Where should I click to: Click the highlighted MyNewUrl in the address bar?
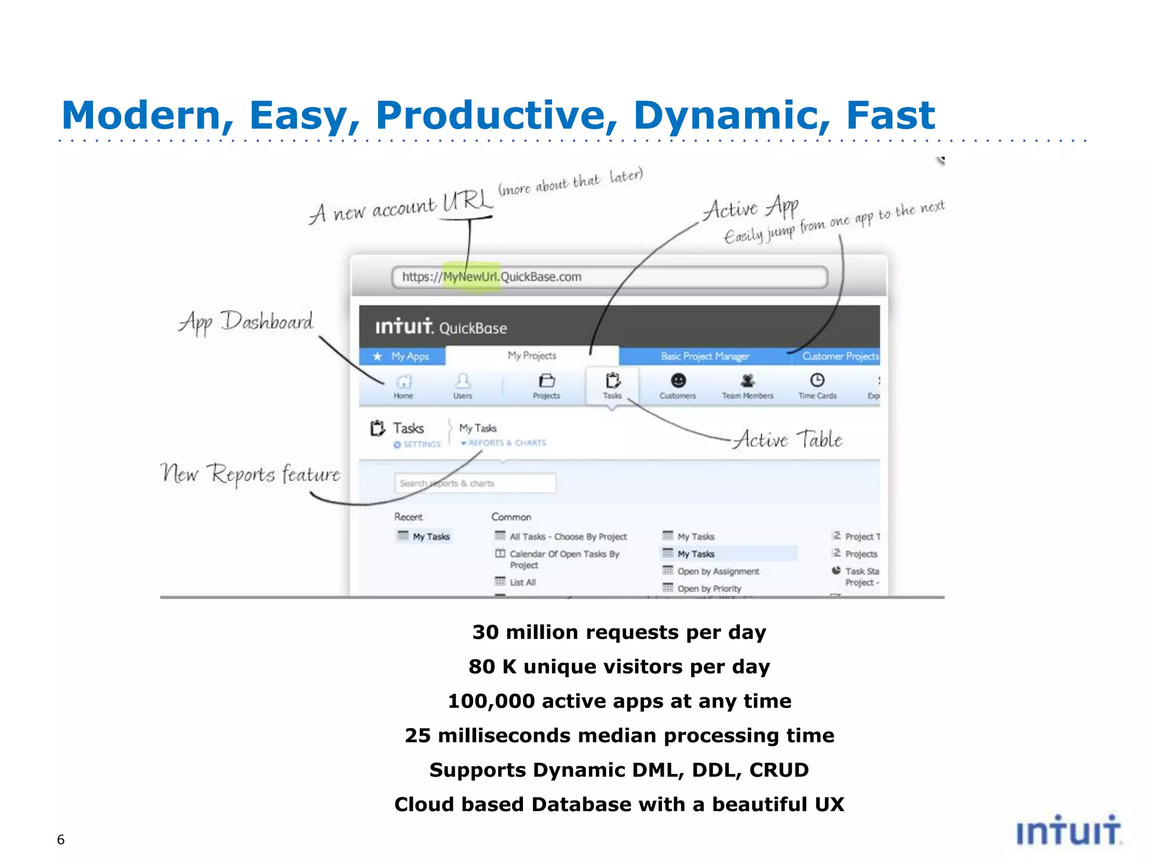[471, 276]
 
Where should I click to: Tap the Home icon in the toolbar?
[403, 382]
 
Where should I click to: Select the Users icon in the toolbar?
[463, 381]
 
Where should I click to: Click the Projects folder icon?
[546, 381]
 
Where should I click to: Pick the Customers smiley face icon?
[678, 381]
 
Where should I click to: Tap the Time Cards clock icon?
[817, 381]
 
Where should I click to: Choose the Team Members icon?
[747, 381]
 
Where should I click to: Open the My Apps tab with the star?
[402, 357]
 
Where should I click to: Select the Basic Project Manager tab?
[705, 357]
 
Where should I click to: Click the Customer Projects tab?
[840, 357]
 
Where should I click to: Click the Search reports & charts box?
[475, 483]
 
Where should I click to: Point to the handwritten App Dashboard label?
[246, 323]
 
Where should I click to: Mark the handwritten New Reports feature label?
[250, 474]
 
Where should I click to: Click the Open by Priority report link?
[709, 589]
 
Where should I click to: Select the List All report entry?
[522, 582]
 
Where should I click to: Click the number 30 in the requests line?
[485, 632]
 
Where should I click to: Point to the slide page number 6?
[61, 840]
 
